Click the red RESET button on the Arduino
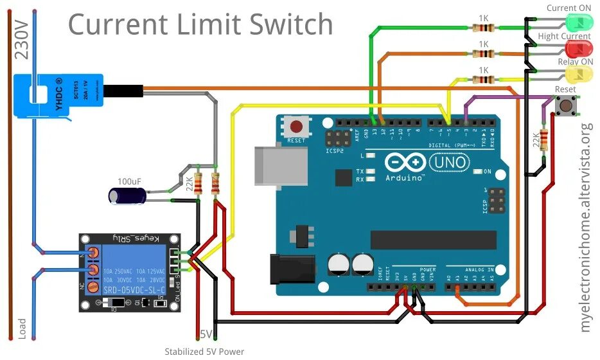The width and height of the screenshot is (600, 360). click(x=297, y=127)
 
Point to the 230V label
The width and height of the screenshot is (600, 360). click(x=21, y=39)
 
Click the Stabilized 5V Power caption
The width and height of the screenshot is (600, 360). click(x=204, y=351)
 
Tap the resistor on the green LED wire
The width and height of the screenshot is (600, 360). click(x=482, y=28)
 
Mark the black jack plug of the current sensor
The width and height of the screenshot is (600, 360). click(x=123, y=91)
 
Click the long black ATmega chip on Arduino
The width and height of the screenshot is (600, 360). click(x=433, y=240)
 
